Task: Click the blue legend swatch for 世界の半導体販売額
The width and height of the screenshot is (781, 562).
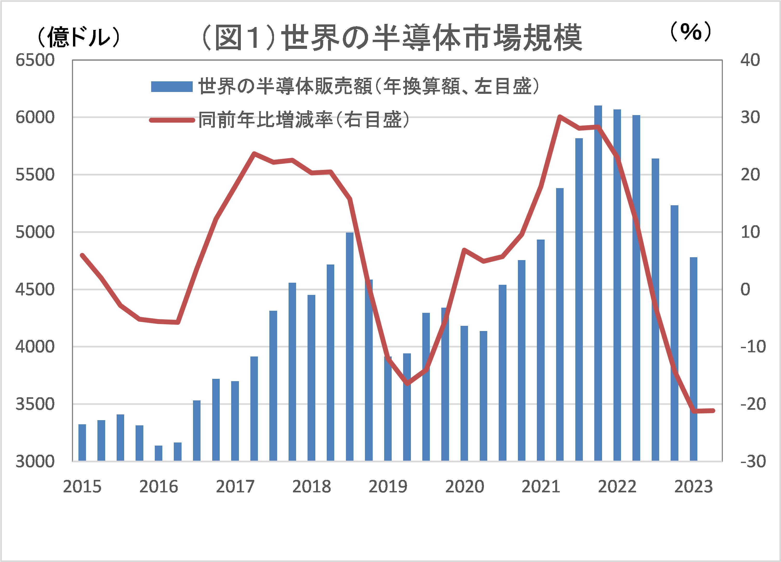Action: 171,87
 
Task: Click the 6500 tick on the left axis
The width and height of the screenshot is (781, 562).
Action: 35,60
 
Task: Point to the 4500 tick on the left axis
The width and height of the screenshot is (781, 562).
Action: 35,289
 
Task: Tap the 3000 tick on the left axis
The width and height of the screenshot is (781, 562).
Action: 35,461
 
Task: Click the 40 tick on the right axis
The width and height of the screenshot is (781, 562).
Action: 750,60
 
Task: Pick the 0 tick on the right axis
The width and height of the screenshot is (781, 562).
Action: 745,289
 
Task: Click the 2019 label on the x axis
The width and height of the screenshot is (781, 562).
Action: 388,487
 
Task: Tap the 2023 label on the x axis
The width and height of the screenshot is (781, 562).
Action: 693,487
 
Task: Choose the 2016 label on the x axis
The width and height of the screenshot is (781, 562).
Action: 158,487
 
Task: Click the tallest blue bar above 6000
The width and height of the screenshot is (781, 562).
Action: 598,282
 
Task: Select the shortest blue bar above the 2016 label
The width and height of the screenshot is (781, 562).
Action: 158,453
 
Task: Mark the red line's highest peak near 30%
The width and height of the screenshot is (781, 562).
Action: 560,116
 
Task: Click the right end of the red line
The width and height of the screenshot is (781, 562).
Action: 713,410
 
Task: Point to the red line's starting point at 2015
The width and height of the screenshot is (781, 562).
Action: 82,255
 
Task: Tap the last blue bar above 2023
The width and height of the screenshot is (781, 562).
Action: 693,358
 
